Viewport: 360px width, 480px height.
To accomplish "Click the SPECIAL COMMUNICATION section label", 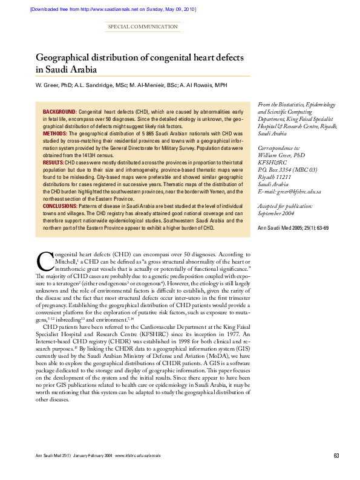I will (x=143, y=27).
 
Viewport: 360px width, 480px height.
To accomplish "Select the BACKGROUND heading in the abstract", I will (x=59, y=112).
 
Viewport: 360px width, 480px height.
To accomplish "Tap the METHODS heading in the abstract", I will (x=54, y=131).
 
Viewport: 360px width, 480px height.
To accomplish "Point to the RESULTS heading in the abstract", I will (x=53, y=163).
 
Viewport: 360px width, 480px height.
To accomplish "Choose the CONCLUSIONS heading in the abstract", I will (x=59, y=207).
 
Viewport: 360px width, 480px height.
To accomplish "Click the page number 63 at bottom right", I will (x=336, y=455).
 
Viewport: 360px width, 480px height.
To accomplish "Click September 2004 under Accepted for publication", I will (x=277, y=213).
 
